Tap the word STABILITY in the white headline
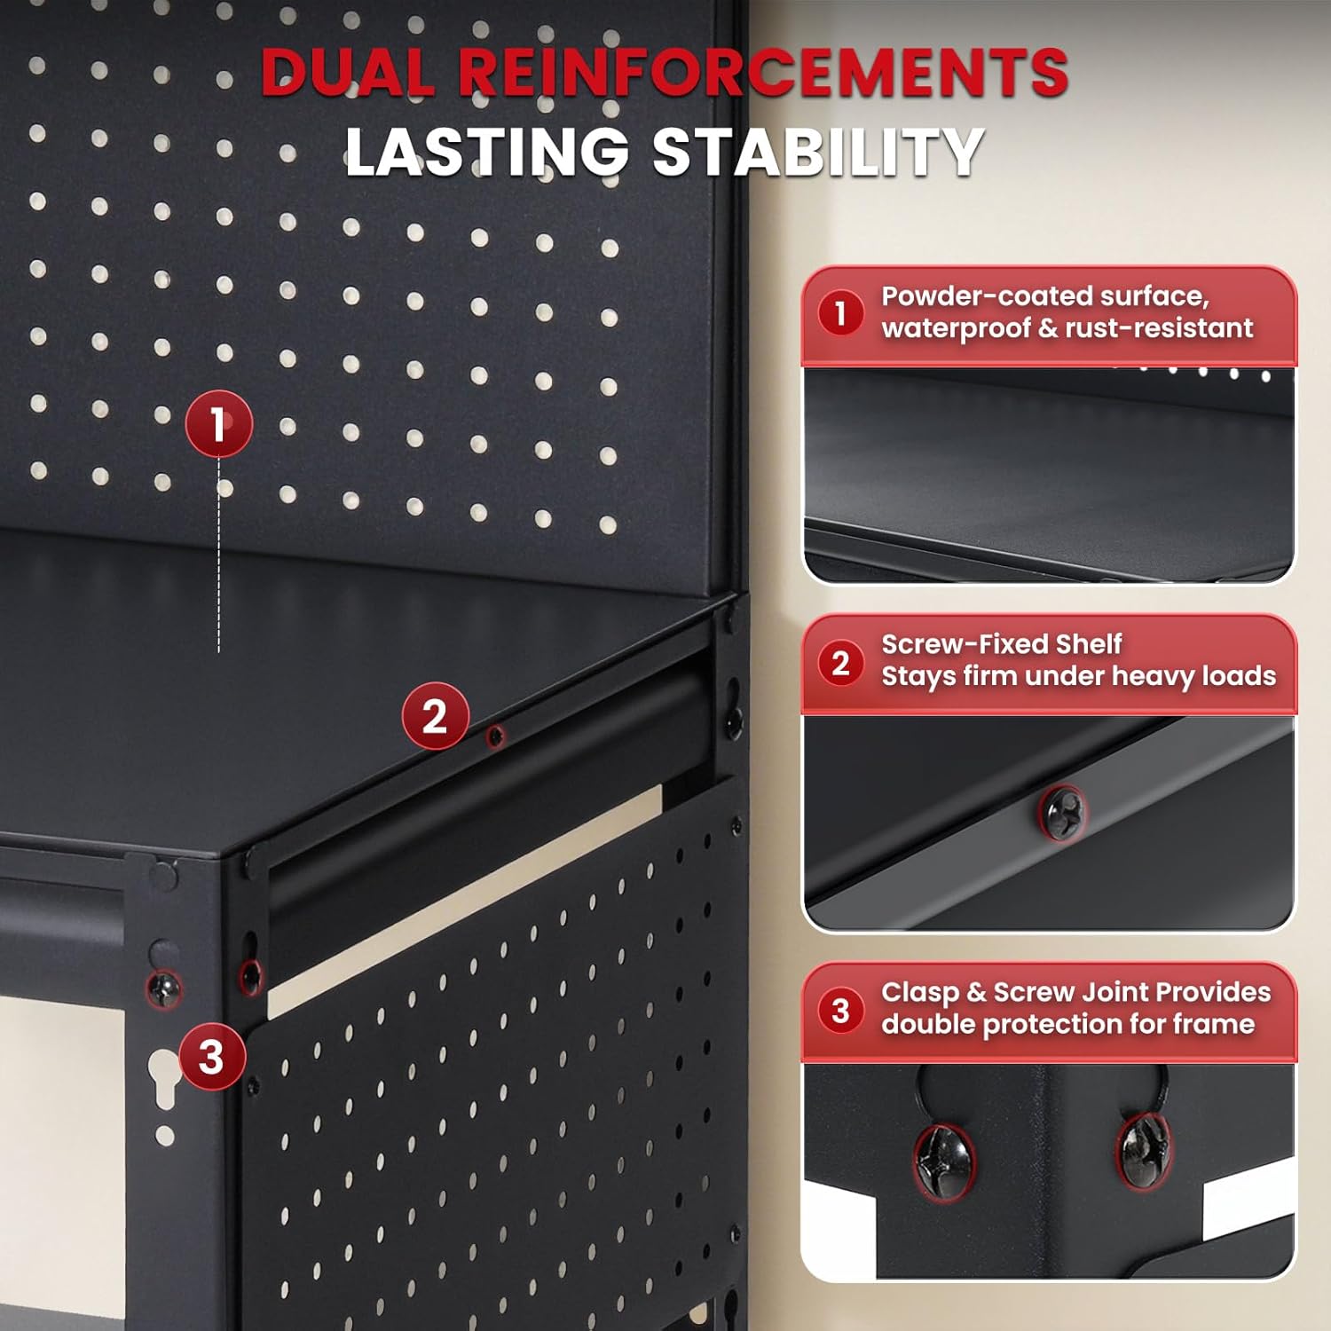coord(818,152)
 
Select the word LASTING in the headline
coord(487,152)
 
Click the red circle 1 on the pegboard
coord(218,424)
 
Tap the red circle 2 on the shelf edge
coord(435,716)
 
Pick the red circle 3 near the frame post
coord(212,1056)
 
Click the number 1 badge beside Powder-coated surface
coord(840,313)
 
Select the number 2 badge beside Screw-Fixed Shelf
coord(840,662)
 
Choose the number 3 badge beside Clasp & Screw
coord(840,1010)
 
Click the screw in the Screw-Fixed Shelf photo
coord(1062,811)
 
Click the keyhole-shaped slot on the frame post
coord(165,1077)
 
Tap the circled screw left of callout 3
coord(164,988)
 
